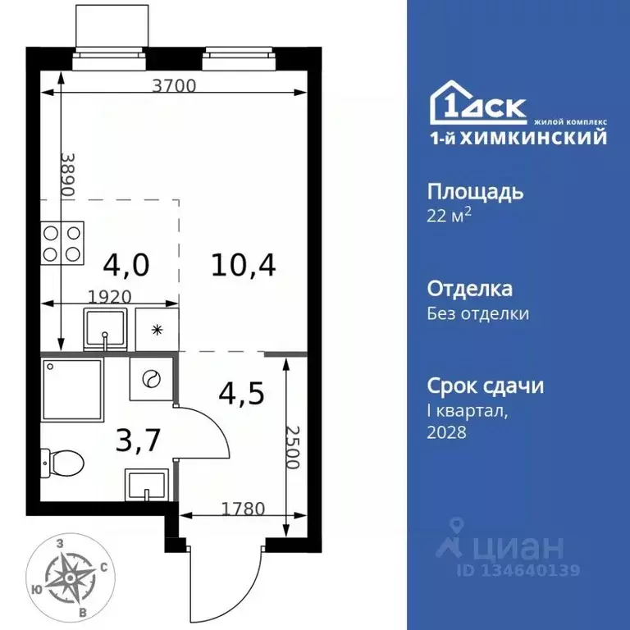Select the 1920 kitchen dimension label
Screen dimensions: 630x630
[x=111, y=296]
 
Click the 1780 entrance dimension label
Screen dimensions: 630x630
[x=243, y=508]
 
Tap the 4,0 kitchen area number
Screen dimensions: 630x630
[x=127, y=264]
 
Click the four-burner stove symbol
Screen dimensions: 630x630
[x=62, y=242]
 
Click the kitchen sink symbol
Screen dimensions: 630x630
[x=106, y=329]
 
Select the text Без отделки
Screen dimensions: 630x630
[x=478, y=313]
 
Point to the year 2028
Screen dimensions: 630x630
[x=447, y=432]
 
